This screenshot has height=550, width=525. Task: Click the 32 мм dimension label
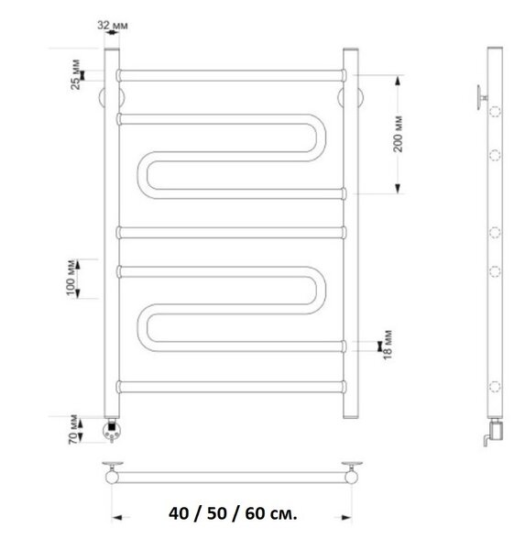point(113,26)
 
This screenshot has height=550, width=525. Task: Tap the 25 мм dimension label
point(75,75)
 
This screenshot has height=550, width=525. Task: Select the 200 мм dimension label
point(398,134)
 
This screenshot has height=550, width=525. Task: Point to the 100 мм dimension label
point(71,278)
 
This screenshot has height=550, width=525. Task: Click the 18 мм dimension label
point(388,346)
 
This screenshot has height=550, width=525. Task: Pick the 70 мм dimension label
point(73,430)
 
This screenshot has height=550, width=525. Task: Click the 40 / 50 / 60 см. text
point(233,513)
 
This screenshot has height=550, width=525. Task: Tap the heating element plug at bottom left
point(112,430)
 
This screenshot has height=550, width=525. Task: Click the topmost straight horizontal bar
point(232,75)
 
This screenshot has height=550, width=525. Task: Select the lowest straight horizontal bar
point(232,387)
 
